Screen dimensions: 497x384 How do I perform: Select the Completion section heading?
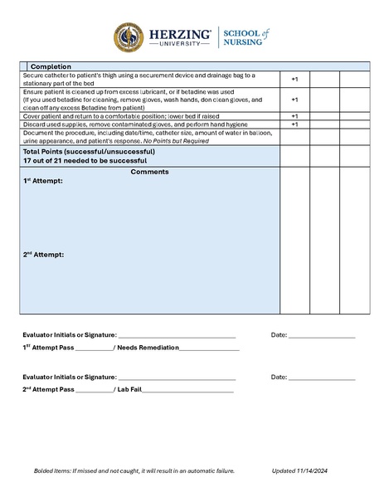click(x=51, y=66)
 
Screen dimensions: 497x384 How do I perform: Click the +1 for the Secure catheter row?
click(x=294, y=79)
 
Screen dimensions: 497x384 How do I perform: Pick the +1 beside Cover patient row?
click(x=294, y=116)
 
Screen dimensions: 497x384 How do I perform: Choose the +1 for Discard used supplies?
click(x=294, y=124)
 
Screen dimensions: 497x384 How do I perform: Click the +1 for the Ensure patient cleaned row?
click(x=294, y=100)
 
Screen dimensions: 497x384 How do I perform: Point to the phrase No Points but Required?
click(x=209, y=141)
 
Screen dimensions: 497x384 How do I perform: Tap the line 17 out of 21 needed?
click(x=85, y=160)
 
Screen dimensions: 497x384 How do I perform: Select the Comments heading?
click(x=150, y=172)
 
